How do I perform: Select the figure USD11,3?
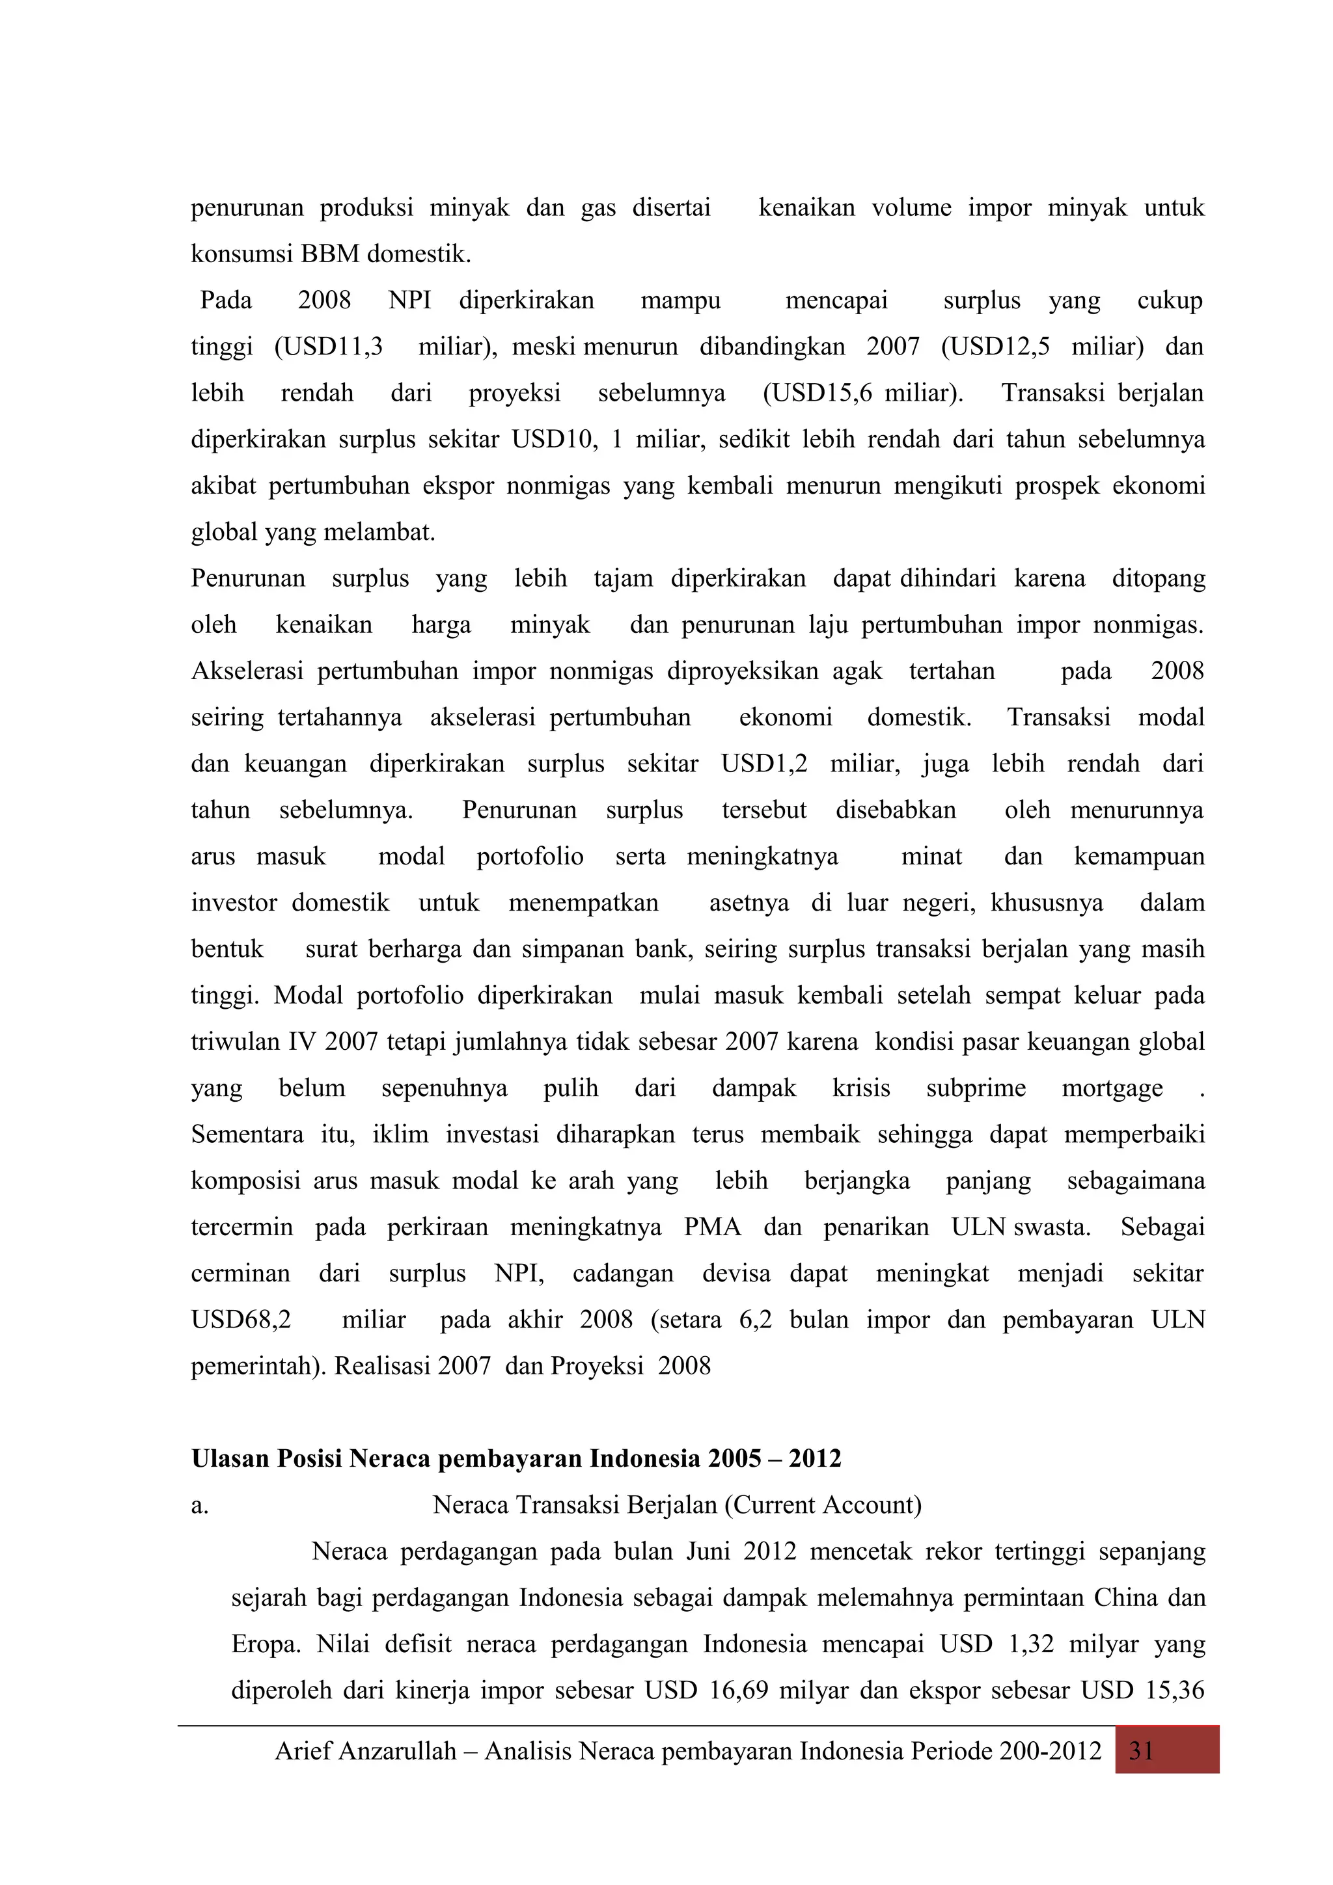tap(329, 347)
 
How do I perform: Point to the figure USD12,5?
tap(995, 347)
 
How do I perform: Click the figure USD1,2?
tap(764, 764)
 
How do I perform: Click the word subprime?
tap(976, 1089)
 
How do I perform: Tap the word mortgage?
tap(1112, 1089)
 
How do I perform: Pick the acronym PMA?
tap(712, 1227)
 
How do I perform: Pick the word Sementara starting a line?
tap(247, 1134)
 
